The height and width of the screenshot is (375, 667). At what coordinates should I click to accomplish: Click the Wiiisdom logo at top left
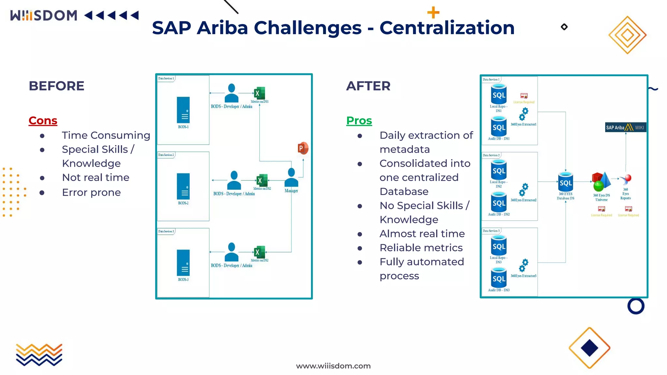coord(44,15)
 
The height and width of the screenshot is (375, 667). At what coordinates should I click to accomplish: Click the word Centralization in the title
coord(447,28)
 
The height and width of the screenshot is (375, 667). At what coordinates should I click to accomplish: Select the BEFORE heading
coord(56,86)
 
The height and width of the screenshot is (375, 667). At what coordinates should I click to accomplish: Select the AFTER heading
coord(368,86)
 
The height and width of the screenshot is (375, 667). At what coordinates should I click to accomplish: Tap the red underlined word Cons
coord(43,120)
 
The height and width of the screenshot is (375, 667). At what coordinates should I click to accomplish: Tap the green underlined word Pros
coord(359,120)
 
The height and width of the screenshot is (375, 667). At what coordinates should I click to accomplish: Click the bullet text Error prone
coord(91,192)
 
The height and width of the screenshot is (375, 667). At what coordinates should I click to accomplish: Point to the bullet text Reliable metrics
coord(421,248)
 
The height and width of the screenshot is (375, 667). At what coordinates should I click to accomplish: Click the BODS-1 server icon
coord(183,110)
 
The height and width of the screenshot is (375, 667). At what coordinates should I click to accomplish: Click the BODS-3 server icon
coord(183,262)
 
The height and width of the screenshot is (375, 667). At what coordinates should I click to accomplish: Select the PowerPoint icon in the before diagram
coord(303,148)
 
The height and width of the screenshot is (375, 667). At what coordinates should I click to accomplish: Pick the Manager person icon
coord(291,177)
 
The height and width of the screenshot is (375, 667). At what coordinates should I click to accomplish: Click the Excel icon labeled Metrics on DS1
coord(260,93)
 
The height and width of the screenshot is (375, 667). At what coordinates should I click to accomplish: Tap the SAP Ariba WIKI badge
coord(625,127)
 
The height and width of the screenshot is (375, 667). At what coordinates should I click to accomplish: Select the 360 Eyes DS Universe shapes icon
coord(601,182)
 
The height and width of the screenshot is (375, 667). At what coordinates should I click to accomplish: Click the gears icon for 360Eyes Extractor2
coord(523,190)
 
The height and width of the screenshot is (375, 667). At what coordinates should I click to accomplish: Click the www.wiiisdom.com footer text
coord(333,366)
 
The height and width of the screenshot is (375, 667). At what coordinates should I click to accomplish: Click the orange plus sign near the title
coord(433,13)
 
